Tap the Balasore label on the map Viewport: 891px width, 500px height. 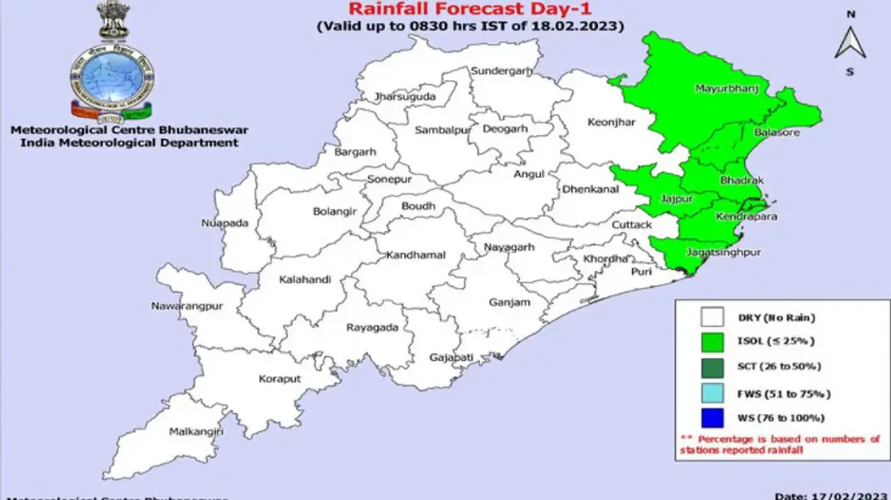click(x=777, y=132)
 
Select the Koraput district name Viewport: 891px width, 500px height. click(x=280, y=379)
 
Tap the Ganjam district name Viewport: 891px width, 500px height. click(x=510, y=302)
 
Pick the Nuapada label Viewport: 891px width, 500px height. click(x=224, y=224)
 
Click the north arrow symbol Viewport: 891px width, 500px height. click(x=850, y=43)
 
